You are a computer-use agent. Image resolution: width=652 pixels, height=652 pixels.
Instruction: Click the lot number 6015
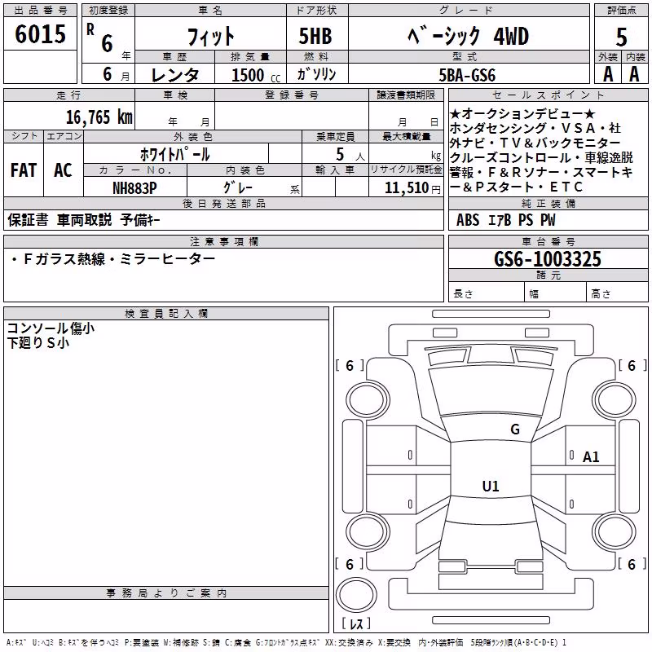[x=40, y=34]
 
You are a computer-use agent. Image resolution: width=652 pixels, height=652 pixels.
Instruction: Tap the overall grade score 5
[x=621, y=37]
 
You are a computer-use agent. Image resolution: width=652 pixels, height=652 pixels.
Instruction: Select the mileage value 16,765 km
[x=99, y=117]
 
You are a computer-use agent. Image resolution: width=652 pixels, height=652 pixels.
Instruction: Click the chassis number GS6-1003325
[x=548, y=259]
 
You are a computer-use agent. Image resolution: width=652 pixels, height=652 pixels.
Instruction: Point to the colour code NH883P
[x=134, y=188]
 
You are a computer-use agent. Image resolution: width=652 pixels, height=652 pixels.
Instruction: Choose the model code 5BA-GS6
[x=467, y=75]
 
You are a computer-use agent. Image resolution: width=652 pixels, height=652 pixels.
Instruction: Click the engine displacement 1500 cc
[x=256, y=75]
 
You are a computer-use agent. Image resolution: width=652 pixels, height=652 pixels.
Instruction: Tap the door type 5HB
[x=315, y=36]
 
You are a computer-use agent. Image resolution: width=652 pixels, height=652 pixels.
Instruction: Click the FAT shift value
[x=24, y=170]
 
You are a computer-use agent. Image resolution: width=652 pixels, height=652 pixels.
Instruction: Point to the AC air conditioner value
[x=63, y=170]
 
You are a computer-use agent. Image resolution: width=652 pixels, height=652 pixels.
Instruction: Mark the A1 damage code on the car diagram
[x=590, y=457]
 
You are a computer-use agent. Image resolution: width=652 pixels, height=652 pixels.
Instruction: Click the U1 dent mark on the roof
[x=491, y=486]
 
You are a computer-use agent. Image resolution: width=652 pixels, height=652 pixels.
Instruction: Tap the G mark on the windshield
[x=515, y=429]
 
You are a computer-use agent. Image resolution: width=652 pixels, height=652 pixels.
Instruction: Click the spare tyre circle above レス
[x=355, y=596]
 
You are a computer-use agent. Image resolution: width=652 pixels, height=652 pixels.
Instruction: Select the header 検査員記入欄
[x=166, y=314]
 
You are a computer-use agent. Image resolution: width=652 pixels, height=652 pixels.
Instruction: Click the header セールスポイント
[x=548, y=95]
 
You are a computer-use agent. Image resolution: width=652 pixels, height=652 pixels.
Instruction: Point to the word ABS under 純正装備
[x=468, y=220]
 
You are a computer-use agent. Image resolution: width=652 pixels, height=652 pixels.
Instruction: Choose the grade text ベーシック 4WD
[x=469, y=36]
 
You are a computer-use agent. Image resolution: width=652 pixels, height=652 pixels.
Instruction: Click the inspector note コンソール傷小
[x=51, y=328]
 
